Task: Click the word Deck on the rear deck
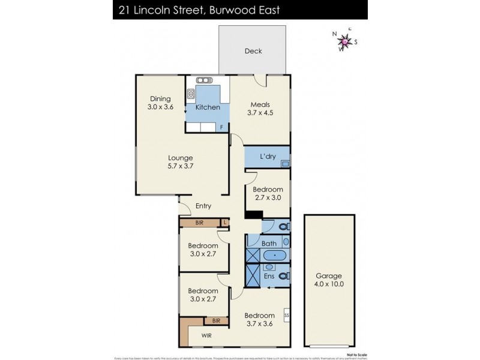[253, 51]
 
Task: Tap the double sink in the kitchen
[204, 80]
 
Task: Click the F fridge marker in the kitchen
[221, 127]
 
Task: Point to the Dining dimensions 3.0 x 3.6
[160, 107]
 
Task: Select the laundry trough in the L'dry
[286, 163]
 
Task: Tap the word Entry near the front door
[203, 206]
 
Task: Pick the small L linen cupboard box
[224, 223]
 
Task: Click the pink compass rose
[345, 41]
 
